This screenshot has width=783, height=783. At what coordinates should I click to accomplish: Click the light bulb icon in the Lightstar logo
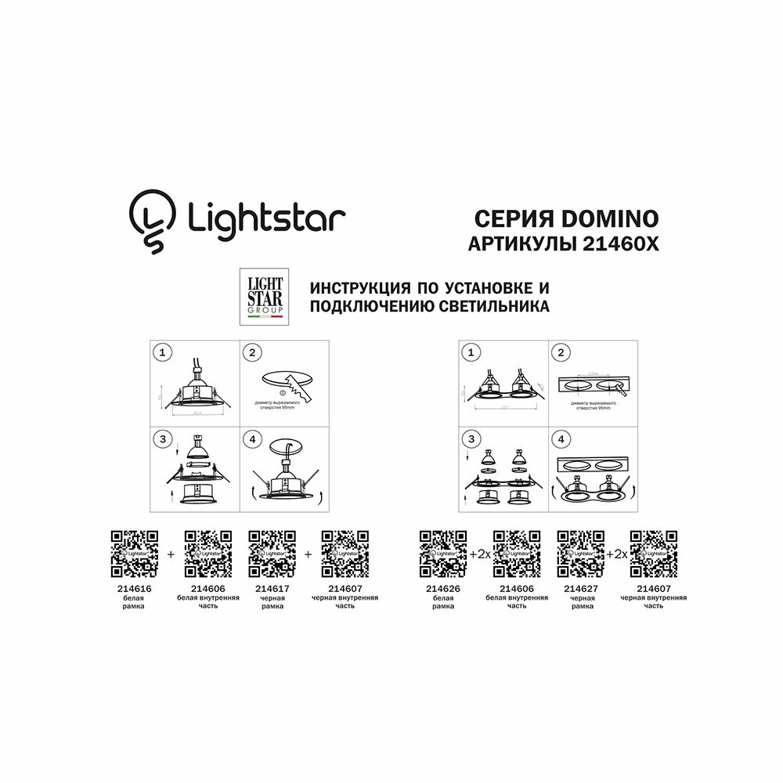(x=151, y=218)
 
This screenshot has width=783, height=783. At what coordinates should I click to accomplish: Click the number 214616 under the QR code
(x=134, y=588)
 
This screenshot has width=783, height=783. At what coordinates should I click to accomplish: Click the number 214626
(x=443, y=588)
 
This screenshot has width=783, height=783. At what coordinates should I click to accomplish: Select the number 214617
(x=272, y=588)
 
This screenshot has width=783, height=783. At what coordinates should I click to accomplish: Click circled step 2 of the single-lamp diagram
(x=251, y=353)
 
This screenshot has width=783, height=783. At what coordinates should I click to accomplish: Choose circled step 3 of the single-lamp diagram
(x=162, y=440)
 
